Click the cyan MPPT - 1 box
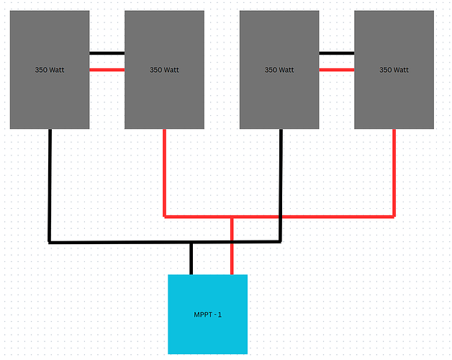[x=207, y=314]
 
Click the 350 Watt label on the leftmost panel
[x=49, y=70]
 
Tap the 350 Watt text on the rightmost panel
[x=394, y=70]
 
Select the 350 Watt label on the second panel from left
[x=164, y=70]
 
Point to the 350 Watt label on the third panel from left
[x=279, y=70]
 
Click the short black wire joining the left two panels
[x=107, y=53]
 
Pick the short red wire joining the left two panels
[x=107, y=69]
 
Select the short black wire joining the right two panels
[x=337, y=53]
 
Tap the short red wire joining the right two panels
[x=337, y=69]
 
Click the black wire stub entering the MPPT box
[x=191, y=258]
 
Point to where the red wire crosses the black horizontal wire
[x=232, y=242]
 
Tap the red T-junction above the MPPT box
[x=232, y=216]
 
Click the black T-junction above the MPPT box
[x=191, y=242]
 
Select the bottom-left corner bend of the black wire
[x=49, y=242]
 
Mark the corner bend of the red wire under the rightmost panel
[x=394, y=216]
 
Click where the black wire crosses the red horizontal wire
[x=280, y=216]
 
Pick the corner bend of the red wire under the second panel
[x=165, y=216]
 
